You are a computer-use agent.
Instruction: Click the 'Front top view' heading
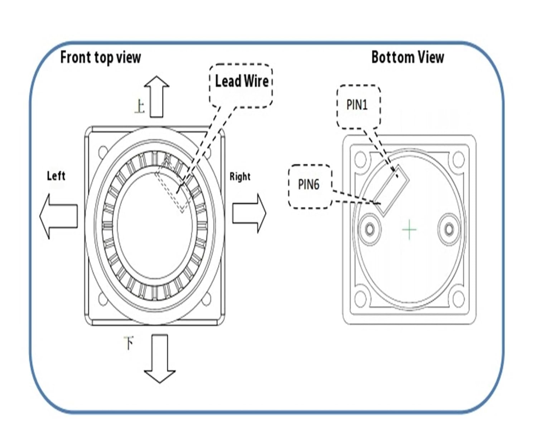point(101,57)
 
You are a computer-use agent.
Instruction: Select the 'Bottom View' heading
point(408,57)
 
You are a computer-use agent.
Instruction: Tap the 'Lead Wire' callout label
point(242,81)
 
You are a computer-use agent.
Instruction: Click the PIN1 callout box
point(358,106)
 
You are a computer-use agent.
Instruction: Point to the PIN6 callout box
point(310,186)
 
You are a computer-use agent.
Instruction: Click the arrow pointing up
point(156,96)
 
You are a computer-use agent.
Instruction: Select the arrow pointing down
point(160,359)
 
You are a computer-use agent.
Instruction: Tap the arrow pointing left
point(59,216)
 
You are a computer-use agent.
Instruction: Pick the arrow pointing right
point(249,214)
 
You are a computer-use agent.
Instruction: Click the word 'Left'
point(56,176)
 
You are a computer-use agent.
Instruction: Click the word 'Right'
point(240,177)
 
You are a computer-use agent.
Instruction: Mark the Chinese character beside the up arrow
point(140,106)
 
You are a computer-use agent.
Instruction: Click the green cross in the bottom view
point(409,229)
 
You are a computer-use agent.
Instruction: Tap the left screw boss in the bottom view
point(370,229)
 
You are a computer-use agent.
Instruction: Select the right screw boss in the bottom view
point(449,229)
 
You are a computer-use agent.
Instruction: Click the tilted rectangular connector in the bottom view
point(391,190)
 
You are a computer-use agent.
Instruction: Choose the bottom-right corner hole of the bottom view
point(458,299)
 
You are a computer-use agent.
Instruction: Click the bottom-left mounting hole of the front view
point(103,300)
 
